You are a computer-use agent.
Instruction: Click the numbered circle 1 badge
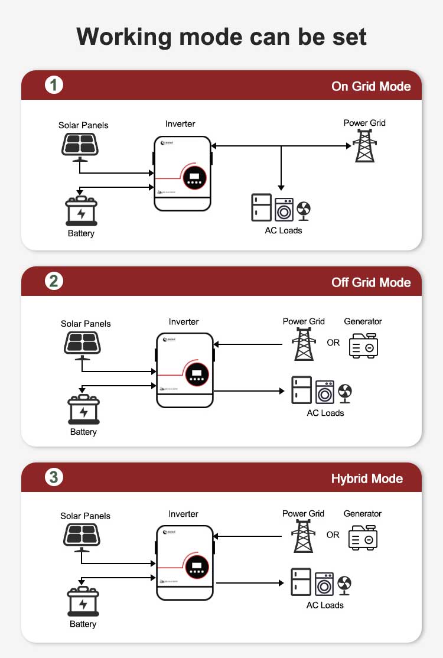point(54,86)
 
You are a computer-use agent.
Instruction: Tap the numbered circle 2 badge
point(54,281)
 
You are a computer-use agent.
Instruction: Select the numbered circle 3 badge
point(54,477)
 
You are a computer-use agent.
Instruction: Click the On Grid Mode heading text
point(371,86)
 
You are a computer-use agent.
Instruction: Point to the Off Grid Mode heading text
point(371,282)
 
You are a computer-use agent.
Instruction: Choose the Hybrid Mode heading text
point(367,478)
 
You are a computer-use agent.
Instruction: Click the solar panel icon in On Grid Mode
point(80,146)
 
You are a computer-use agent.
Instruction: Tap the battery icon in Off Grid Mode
point(83,410)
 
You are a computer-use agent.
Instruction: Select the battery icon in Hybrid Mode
point(83,602)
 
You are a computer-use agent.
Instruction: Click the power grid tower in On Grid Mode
point(364,145)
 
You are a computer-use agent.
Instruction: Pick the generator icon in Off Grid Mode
point(363,346)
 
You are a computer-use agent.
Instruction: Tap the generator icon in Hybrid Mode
point(363,538)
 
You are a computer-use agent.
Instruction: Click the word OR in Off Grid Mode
point(333,343)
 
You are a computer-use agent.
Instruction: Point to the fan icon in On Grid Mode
point(303,210)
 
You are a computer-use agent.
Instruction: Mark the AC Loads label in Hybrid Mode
point(325,605)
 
